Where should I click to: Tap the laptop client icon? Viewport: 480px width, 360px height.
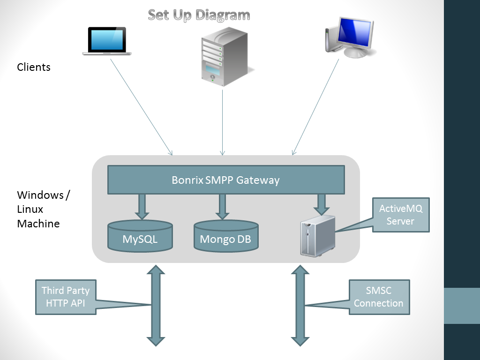tap(107, 41)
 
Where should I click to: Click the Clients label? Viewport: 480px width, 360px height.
tap(34, 67)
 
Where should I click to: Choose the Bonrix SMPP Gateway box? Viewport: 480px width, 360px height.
tap(226, 180)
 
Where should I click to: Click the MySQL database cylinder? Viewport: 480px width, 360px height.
tap(140, 236)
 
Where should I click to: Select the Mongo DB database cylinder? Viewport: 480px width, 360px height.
tap(226, 236)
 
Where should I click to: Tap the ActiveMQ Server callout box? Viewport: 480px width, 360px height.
tap(401, 215)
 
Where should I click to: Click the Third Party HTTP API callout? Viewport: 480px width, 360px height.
tap(66, 297)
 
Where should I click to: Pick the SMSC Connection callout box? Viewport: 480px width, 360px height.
tap(379, 297)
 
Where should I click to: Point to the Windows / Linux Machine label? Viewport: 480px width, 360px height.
tap(44, 209)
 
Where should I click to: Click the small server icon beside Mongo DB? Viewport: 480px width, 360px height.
tap(318, 236)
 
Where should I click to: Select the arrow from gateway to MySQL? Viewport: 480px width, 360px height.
tap(142, 207)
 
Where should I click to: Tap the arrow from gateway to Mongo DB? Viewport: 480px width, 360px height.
tap(223, 207)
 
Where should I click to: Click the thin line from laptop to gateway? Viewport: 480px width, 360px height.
tap(142, 107)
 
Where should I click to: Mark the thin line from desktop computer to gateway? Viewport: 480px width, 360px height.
tap(315, 107)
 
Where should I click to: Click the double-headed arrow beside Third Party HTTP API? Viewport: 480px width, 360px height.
tap(156, 306)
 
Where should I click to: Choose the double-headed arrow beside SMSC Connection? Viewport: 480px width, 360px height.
tap(300, 306)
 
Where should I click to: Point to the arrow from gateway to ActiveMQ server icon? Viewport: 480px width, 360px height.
tap(322, 204)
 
